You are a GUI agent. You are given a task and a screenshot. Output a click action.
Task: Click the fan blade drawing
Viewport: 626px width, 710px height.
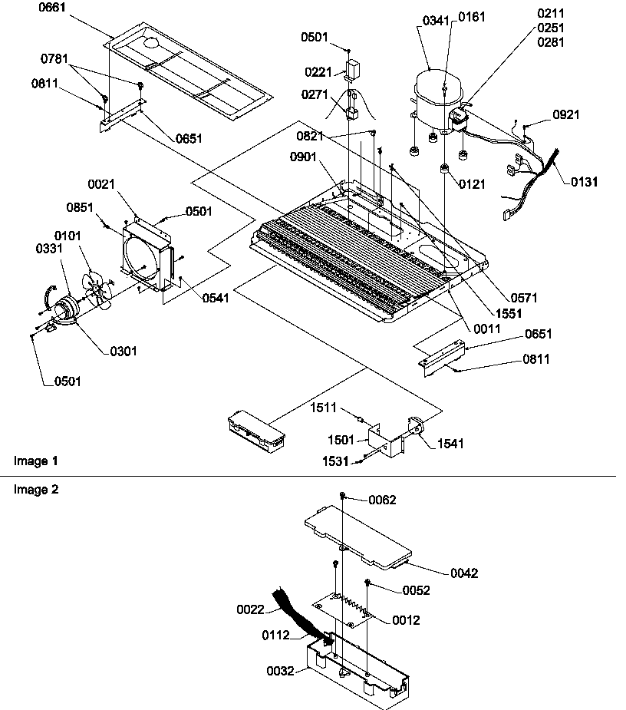tap(97, 289)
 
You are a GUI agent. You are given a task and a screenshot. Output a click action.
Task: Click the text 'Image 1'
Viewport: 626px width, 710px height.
tap(36, 461)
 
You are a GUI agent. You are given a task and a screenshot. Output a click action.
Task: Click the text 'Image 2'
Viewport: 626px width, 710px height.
tap(36, 489)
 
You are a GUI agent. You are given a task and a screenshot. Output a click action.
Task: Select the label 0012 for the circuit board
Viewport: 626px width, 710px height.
tap(406, 620)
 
